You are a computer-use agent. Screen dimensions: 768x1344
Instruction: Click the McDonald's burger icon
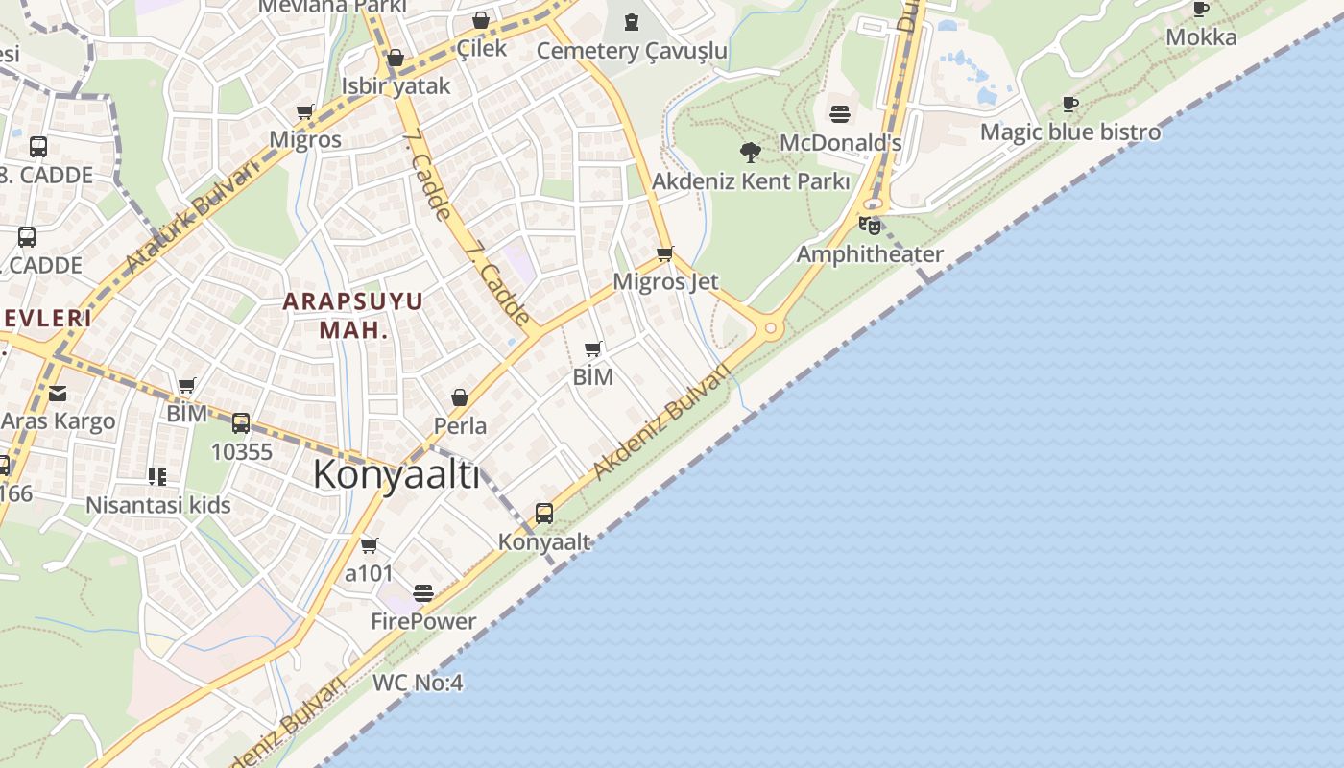coord(840,115)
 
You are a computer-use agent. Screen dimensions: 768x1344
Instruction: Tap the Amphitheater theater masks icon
coord(870,226)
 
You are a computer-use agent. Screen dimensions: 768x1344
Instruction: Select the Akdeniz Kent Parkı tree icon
coord(751,152)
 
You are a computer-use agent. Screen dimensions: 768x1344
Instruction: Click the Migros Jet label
coord(665,281)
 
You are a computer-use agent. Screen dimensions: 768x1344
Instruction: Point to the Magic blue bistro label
coord(1069,132)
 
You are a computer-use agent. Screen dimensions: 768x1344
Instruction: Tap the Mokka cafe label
coord(1201,37)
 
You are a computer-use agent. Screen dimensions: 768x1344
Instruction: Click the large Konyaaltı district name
coord(396,474)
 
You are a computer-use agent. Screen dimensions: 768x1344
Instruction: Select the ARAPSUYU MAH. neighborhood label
coord(352,315)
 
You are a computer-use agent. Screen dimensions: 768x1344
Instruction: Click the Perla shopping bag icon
coord(460,397)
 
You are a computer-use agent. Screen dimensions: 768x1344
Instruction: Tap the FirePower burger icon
coord(423,593)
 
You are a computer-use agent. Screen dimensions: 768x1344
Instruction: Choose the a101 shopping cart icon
coord(369,546)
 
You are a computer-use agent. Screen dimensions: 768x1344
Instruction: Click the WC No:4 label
coord(418,683)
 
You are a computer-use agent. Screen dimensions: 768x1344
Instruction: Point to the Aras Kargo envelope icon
coord(58,393)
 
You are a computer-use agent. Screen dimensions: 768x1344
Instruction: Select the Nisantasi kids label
coord(158,505)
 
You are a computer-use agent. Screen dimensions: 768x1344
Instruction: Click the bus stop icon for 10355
coord(241,422)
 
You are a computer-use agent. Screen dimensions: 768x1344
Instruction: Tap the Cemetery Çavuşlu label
coord(632,50)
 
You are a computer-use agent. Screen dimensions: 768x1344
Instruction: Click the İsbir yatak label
coord(396,86)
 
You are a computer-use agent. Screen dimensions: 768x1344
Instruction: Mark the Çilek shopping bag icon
coord(481,20)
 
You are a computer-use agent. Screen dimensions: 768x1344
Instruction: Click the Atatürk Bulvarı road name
coord(192,217)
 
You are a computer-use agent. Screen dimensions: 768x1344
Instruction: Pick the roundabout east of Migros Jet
coord(770,328)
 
